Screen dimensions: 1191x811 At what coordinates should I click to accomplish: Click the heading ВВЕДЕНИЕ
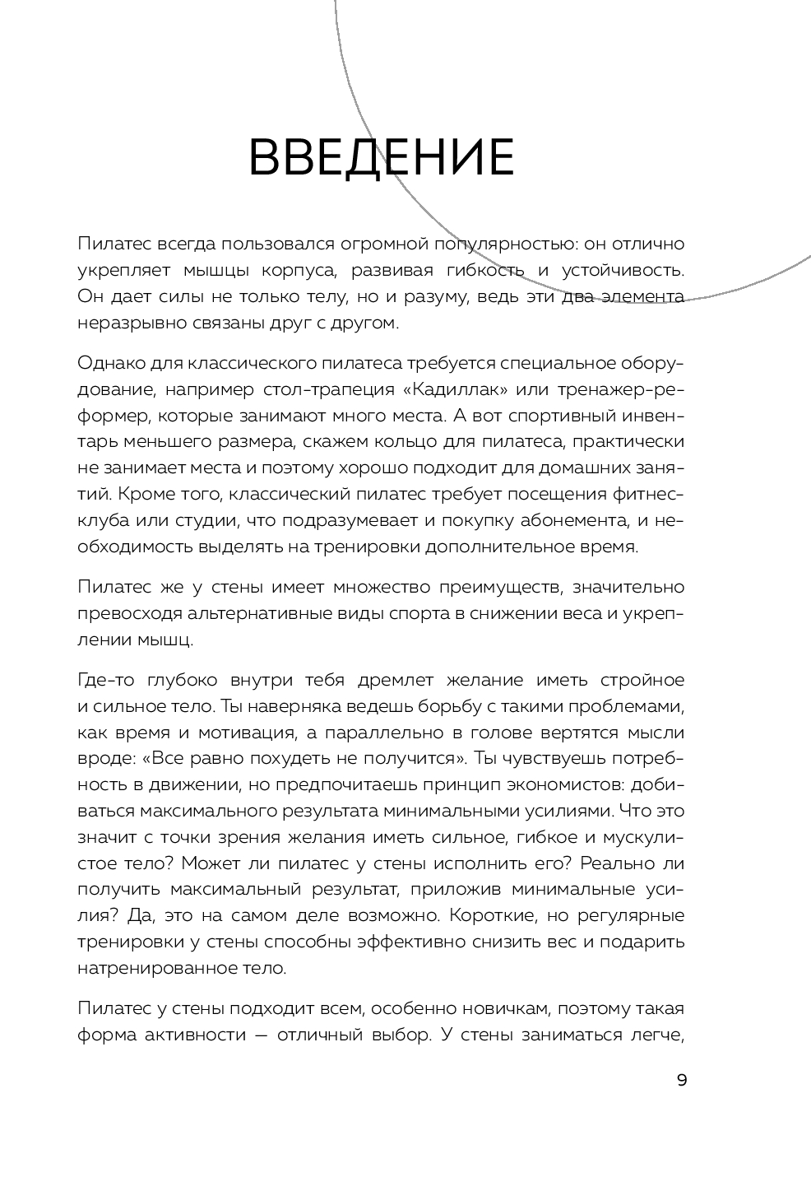point(382,157)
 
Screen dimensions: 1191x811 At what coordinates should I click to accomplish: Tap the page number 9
point(681,1081)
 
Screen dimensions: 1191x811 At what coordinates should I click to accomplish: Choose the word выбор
point(387,1035)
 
